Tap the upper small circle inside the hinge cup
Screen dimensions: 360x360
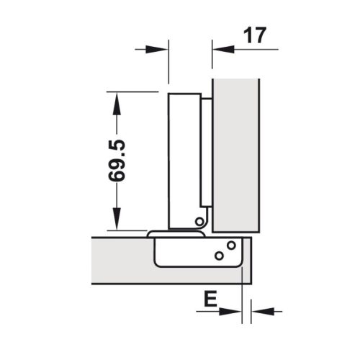pos(230,246)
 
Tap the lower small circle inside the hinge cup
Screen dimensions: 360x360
pos(218,256)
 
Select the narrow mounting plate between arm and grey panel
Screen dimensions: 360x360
pos(206,151)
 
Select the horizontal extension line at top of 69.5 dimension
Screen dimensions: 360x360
pos(133,92)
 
